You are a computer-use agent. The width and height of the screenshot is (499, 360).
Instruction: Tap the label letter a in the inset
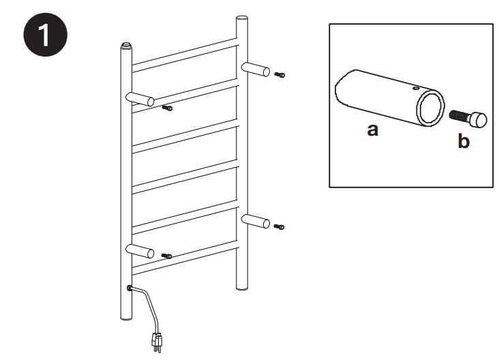point(372,130)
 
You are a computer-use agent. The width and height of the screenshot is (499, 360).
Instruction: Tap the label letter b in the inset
point(464,142)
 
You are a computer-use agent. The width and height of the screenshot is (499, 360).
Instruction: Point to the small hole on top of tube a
point(413,87)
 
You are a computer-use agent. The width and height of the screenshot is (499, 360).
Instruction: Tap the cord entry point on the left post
point(130,288)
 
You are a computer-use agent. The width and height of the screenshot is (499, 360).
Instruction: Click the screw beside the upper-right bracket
point(279,74)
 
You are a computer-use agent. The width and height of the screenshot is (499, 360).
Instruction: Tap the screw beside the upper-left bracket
point(168,107)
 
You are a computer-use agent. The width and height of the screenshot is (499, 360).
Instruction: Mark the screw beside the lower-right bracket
point(279,226)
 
